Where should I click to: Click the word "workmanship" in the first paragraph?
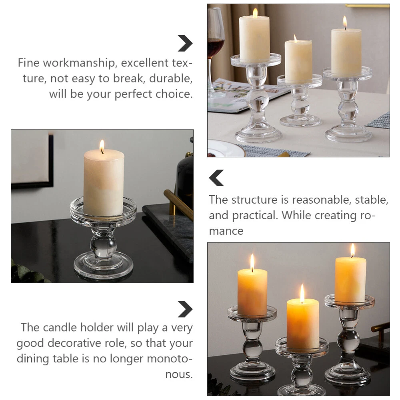(x=79, y=63)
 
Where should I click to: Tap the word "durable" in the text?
(x=171, y=78)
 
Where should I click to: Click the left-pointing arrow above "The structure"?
(x=216, y=178)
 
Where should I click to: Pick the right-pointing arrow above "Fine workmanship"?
(x=185, y=43)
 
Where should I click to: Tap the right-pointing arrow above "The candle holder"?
(x=185, y=309)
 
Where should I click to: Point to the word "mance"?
(x=226, y=231)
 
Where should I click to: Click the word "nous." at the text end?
(x=179, y=374)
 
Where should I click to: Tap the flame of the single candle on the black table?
(x=102, y=146)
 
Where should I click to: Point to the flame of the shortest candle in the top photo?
(x=295, y=38)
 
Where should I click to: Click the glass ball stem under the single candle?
(x=103, y=246)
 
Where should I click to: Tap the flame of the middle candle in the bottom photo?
(x=302, y=293)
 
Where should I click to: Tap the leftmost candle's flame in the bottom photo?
(x=252, y=262)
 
